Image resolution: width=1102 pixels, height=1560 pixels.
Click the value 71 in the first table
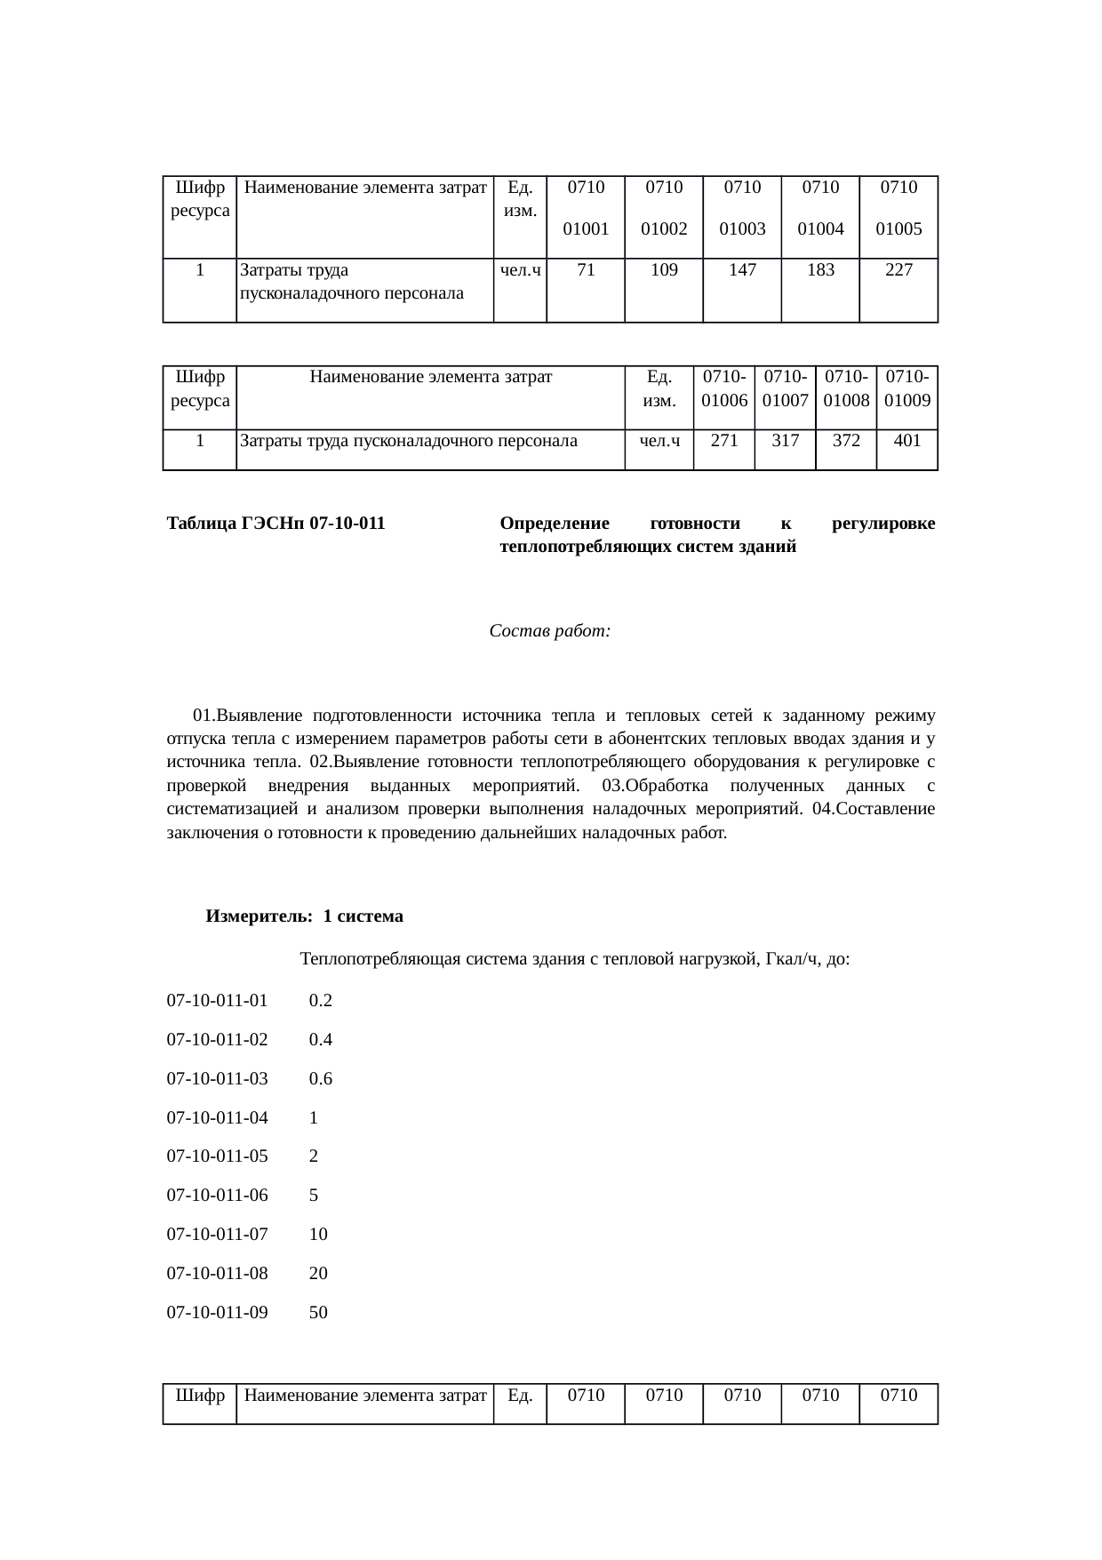tap(585, 270)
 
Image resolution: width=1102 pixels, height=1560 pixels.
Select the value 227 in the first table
tap(898, 270)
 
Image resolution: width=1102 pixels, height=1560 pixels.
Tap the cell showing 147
tap(742, 270)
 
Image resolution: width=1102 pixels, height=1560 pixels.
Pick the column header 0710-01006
tap(724, 388)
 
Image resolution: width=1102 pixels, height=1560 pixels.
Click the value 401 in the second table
tap(907, 440)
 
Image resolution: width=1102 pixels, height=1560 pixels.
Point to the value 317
tap(786, 440)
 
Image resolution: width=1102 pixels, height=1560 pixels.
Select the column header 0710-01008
tap(846, 388)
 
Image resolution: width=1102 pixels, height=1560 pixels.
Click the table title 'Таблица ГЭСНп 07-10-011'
tap(276, 524)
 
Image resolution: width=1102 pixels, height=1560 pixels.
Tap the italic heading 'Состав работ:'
tap(549, 631)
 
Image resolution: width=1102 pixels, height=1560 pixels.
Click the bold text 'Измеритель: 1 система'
tap(305, 916)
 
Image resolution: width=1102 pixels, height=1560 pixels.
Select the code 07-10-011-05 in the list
tap(218, 1156)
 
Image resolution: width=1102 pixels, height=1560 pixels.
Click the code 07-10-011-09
tap(218, 1312)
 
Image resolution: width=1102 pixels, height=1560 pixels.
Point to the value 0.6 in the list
tap(321, 1079)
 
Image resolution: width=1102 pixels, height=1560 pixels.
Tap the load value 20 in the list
tap(318, 1273)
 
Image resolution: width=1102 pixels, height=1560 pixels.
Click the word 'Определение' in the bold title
tap(555, 524)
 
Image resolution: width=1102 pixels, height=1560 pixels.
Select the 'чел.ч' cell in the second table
tap(659, 440)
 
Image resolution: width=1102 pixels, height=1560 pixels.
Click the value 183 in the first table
tap(820, 270)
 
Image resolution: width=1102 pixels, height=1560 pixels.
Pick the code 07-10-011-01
tap(218, 1001)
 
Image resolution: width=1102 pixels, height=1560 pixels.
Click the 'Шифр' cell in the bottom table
tap(200, 1396)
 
